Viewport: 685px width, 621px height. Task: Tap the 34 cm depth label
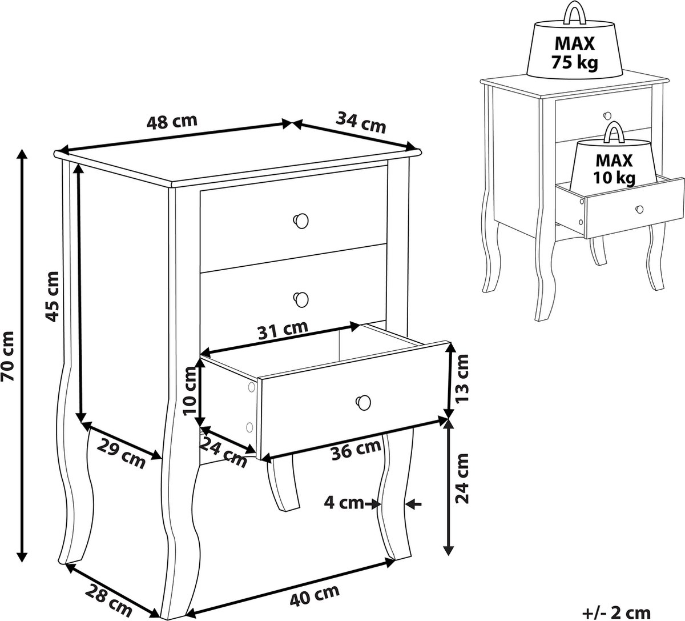[x=361, y=122]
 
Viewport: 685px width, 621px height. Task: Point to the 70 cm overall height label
[x=7, y=356]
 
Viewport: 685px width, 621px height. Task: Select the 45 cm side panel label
[x=52, y=297]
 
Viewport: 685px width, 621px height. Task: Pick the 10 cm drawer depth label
[x=191, y=391]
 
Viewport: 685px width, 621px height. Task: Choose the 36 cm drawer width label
[x=356, y=449]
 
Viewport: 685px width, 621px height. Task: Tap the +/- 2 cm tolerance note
[x=616, y=612]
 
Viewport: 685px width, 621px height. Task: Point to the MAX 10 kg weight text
[x=614, y=169]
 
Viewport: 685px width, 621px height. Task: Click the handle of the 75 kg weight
[x=576, y=13]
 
